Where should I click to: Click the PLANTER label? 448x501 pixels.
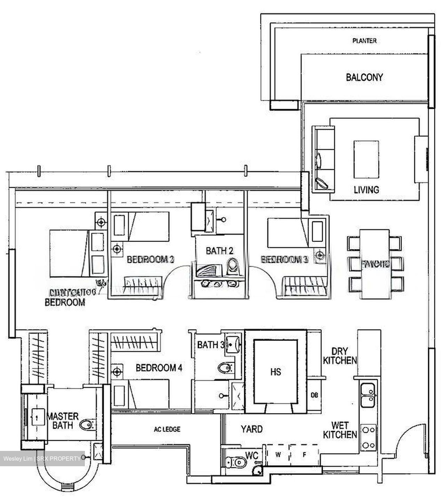[364, 41]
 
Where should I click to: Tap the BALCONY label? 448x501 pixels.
[364, 77]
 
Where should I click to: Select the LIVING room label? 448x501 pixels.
[366, 190]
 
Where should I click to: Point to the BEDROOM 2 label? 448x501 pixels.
[150, 259]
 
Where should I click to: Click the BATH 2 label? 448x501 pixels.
[219, 250]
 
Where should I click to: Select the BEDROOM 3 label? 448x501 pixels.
[285, 259]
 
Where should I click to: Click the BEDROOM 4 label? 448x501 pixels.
[159, 368]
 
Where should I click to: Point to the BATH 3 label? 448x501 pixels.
[211, 345]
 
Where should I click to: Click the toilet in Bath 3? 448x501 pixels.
[226, 367]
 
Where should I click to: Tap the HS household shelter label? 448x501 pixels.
[275, 372]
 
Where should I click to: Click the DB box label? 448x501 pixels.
[314, 395]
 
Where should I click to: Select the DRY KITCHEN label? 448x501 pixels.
[340, 356]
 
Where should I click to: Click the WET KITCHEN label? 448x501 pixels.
[340, 430]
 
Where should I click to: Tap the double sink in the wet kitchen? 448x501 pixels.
[368, 395]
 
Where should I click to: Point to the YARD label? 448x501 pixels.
[252, 429]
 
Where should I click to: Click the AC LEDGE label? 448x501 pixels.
[167, 429]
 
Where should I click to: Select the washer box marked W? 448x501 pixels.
[278, 454]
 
